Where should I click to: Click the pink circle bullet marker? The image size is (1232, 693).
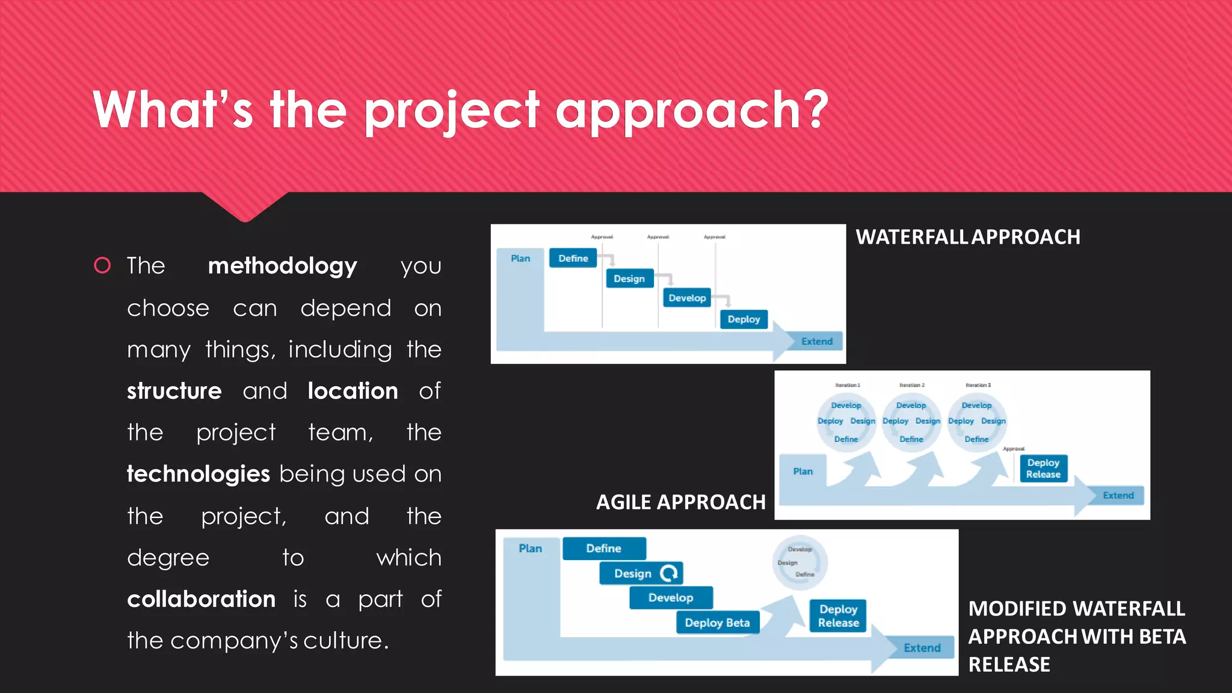102,265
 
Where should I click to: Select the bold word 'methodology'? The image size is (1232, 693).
282,266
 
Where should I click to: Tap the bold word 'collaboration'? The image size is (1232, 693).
201,599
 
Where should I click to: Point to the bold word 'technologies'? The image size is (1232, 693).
199,474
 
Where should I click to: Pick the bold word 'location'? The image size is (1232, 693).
353,391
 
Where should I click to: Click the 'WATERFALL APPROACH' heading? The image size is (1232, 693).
967,237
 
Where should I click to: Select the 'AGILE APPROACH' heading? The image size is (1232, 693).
680,502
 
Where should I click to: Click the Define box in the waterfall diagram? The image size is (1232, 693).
573,258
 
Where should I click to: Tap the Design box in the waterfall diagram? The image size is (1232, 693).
629,279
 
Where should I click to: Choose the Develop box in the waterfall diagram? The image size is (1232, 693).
687,298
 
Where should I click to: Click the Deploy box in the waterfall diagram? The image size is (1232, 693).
744,319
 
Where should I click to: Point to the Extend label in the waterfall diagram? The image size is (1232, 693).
816,341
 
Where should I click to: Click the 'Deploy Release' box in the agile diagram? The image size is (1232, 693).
1043,468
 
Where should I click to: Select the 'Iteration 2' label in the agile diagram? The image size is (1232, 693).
911,385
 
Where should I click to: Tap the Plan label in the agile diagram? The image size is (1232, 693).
802,471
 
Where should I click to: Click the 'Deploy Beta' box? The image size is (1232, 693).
717,623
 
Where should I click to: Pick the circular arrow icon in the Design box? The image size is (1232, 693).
669,573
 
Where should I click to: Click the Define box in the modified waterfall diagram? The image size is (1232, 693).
604,548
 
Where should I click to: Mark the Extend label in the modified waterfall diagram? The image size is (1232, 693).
922,648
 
